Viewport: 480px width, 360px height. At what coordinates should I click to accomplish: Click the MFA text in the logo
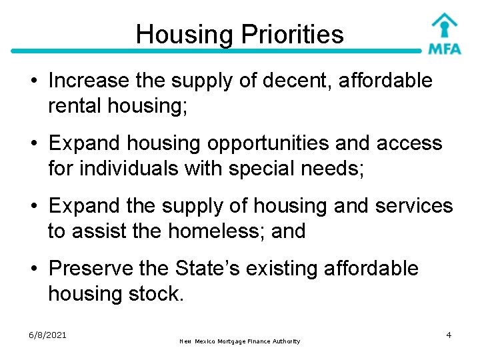coord(445,49)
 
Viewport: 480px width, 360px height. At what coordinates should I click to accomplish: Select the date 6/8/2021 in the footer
coord(48,335)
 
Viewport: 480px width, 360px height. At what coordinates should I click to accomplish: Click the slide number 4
coord(449,334)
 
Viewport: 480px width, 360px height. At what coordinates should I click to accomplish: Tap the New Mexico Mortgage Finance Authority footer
coord(240,341)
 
